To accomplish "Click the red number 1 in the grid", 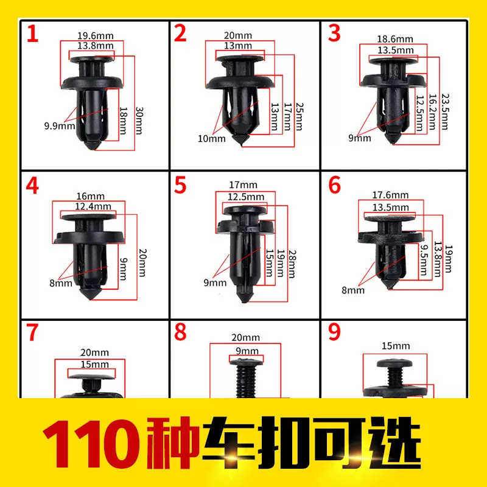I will point(32,33).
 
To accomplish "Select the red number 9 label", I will point(335,332).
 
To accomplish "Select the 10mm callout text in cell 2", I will point(212,139).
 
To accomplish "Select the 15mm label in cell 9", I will point(397,346).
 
